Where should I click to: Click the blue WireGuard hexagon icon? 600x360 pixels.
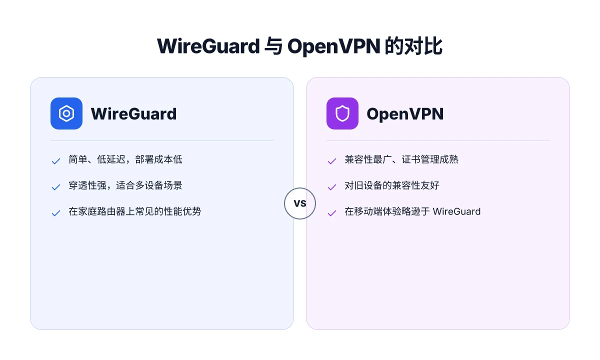pos(66,113)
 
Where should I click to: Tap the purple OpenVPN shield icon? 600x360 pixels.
pos(342,113)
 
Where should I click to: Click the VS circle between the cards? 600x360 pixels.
pos(300,203)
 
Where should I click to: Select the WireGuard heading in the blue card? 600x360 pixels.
pos(133,114)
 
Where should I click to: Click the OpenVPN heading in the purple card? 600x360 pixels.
pos(405,114)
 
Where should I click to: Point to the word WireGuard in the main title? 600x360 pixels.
pos(208,46)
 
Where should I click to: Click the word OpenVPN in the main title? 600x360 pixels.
pos(334,46)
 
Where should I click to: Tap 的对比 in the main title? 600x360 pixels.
pos(413,46)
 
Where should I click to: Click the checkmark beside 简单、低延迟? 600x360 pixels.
pos(55,161)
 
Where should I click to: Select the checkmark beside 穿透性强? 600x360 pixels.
pos(55,187)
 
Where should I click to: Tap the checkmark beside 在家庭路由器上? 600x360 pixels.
pos(55,213)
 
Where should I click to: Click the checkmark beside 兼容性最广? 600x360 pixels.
pos(332,161)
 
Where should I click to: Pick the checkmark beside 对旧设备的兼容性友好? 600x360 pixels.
pos(332,187)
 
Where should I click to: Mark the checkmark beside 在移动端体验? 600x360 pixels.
pos(332,213)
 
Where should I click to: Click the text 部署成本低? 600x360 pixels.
pos(159,159)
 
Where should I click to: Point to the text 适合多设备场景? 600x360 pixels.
pos(149,185)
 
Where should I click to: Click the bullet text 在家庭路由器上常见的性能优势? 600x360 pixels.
pos(135,211)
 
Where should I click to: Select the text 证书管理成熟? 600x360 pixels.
pos(430,159)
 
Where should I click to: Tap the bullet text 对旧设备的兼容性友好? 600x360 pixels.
pos(392,185)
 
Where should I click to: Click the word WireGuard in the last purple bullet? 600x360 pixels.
pos(456,211)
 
